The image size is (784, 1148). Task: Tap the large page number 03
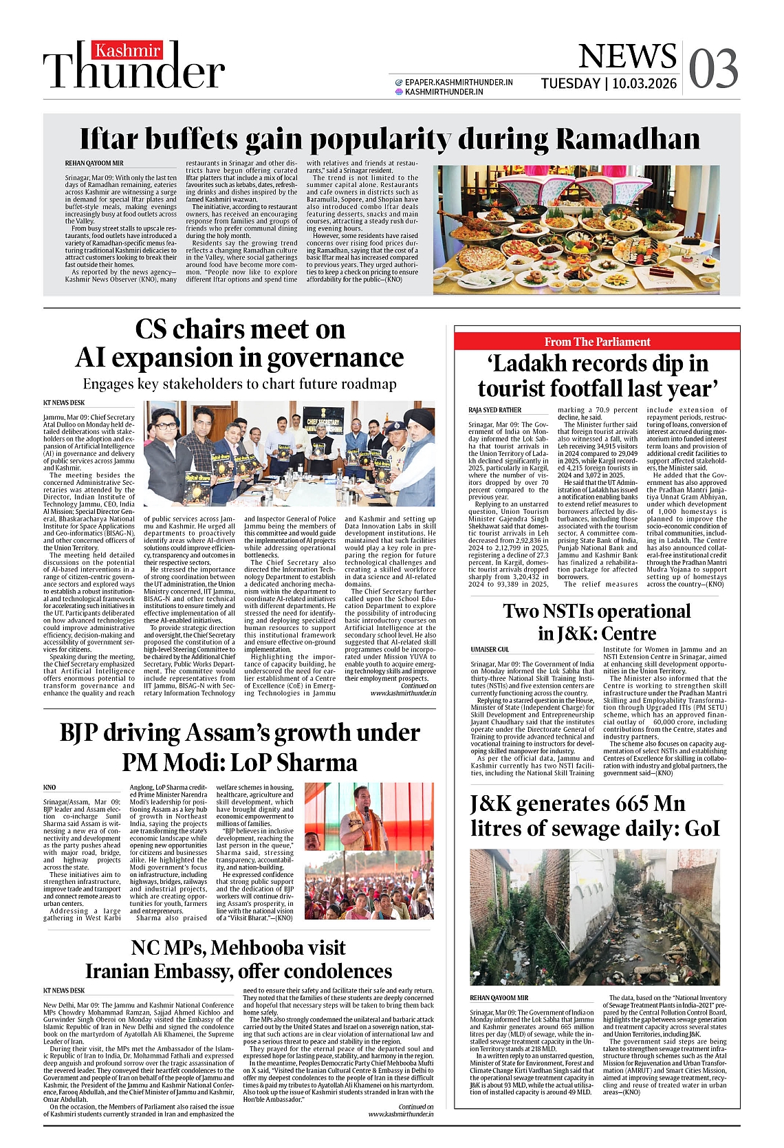(x=713, y=69)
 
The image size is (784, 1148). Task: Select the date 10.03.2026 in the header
(x=644, y=84)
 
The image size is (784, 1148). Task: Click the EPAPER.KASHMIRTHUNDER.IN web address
(x=459, y=83)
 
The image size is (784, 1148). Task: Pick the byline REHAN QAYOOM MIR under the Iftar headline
(x=94, y=164)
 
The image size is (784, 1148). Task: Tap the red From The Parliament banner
(x=597, y=342)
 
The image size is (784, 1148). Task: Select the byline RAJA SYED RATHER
(x=495, y=410)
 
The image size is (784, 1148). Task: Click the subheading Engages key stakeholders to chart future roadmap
(x=239, y=384)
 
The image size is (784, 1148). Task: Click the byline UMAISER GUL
(x=490, y=649)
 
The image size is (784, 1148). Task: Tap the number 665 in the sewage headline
(x=631, y=804)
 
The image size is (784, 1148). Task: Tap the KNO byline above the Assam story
(x=50, y=788)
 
